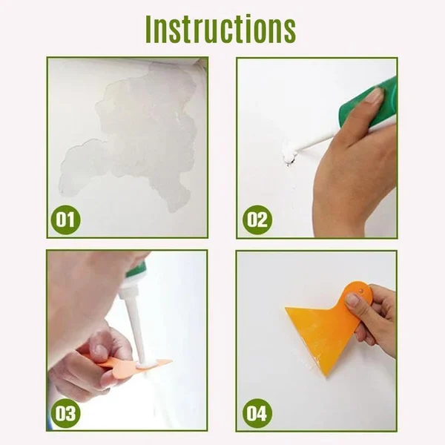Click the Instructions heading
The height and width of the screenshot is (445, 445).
click(220, 29)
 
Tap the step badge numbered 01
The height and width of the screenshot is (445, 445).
click(65, 220)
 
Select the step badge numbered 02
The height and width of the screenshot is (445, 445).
click(257, 220)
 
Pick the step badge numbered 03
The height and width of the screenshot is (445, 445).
click(65, 413)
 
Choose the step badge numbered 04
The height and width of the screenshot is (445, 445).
click(257, 413)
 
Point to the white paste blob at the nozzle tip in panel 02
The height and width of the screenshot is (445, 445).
click(289, 156)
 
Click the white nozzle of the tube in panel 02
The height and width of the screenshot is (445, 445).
click(315, 142)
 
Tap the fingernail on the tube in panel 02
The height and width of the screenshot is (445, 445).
click(375, 96)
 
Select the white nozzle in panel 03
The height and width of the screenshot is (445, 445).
click(136, 326)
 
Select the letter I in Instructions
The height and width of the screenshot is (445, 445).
click(149, 29)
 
